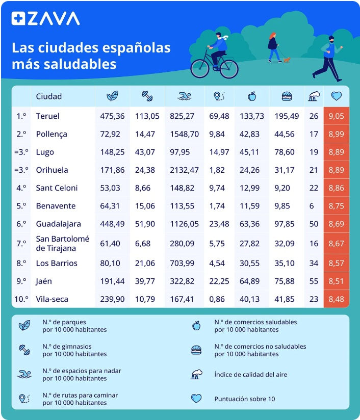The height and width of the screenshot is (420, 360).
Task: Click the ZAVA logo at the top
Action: coord(46,18)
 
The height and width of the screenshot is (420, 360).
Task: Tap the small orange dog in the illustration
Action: coord(287,60)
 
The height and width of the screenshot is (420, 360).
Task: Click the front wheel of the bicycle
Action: coord(228,68)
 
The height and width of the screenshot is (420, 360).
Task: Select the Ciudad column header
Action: coord(49,96)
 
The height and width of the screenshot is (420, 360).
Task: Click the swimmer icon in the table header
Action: coord(185,96)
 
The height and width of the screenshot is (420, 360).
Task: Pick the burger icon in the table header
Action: coord(287,96)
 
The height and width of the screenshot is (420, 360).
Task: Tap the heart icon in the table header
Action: coord(336,96)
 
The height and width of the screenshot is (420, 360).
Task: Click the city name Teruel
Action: coord(48,116)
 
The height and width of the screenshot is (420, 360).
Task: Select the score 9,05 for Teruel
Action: coord(336,116)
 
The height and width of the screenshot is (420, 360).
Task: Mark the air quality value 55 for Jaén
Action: coord(314,281)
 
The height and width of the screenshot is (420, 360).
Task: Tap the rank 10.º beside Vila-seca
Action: coord(21,299)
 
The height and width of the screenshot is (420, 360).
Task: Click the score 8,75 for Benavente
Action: coord(336,206)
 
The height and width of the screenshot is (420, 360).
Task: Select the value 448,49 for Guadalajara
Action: coord(112,224)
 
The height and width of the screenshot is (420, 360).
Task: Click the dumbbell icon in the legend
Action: coord(24,350)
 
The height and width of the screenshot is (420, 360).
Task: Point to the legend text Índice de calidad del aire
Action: coord(250,375)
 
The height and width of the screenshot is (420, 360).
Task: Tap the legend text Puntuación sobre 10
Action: coord(244,399)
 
